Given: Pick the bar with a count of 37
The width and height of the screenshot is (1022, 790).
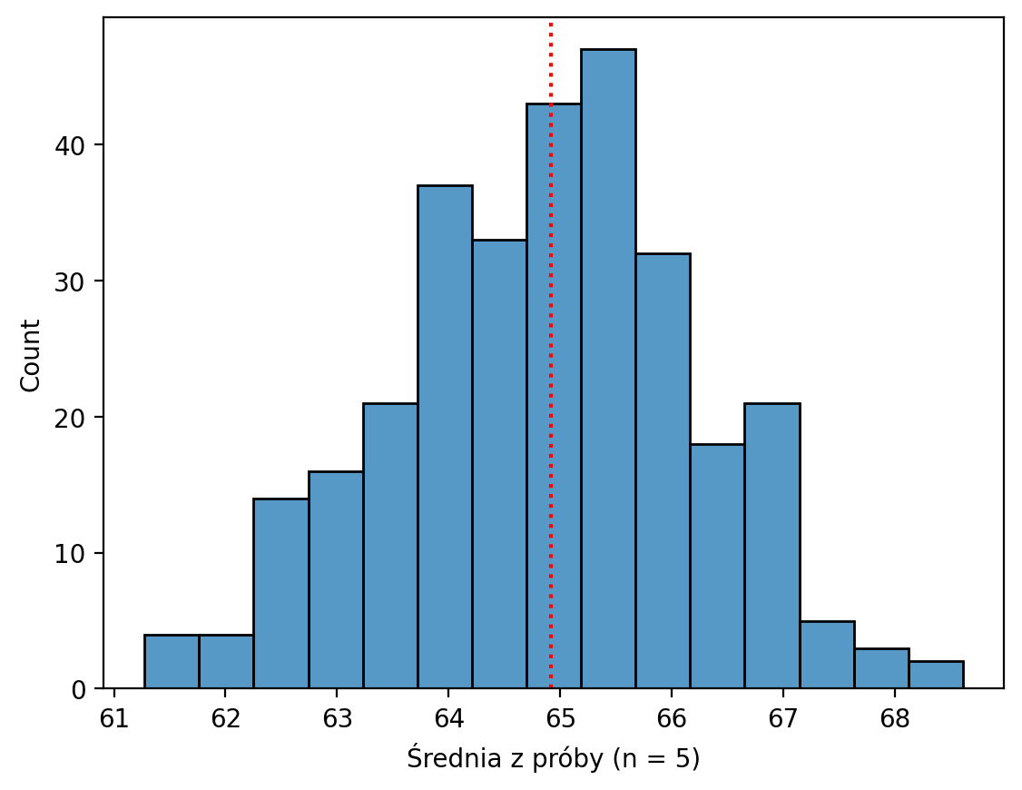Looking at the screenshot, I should pos(445,437).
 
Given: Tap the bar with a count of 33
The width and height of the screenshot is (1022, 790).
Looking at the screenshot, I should pos(499,464).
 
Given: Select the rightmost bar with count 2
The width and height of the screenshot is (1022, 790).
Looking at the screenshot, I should pos(936,676).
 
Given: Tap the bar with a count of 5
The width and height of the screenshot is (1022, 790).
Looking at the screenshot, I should pos(827,655).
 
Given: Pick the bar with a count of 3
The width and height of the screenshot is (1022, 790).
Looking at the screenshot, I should pos(881,668).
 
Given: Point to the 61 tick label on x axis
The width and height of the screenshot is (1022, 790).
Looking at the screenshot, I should pos(113,718).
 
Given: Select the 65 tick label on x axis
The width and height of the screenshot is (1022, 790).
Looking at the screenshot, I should pos(560,718).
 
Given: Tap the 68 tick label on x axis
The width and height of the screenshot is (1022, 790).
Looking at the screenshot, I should pos(895,718).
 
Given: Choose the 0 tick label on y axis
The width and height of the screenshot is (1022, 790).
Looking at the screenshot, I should pos(87,690).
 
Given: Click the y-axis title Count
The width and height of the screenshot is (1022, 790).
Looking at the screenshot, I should pos(31,355).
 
